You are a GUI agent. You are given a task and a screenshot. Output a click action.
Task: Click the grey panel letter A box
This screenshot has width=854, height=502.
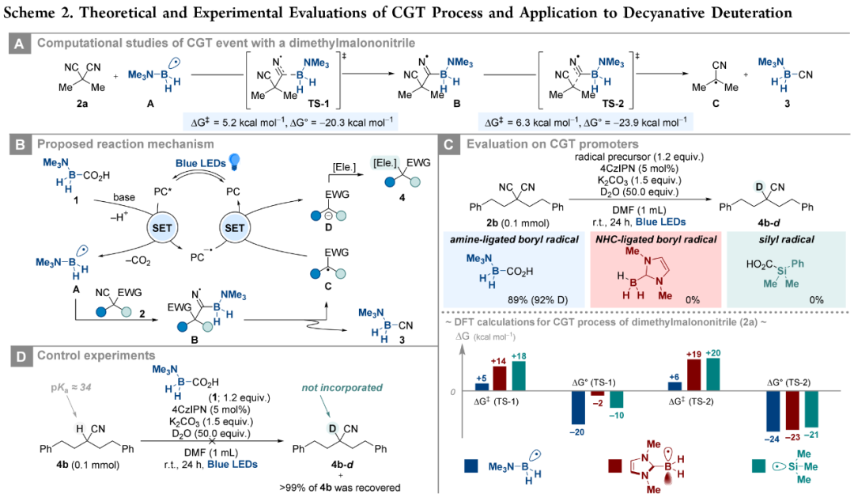[19, 44]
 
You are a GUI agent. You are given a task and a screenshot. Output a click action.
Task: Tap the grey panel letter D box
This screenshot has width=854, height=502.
[20, 357]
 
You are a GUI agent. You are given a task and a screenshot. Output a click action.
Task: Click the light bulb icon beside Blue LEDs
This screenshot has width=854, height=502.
[234, 161]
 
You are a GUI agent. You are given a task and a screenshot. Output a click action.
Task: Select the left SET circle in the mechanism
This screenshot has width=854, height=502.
[162, 228]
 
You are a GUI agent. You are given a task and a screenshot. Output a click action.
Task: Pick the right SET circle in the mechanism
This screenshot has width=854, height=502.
[235, 228]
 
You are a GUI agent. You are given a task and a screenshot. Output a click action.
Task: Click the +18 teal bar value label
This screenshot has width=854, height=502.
[519, 356]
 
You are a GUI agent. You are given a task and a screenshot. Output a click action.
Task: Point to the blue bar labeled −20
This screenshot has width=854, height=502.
[578, 408]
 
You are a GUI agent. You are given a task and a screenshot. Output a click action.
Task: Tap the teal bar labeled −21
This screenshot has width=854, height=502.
[811, 409]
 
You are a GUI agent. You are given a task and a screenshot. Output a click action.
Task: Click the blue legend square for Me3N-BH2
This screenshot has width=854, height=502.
[471, 466]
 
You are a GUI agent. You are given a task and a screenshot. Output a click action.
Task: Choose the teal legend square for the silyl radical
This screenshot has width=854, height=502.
[758, 466]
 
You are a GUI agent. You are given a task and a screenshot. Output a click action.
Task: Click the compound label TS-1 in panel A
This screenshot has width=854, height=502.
[318, 103]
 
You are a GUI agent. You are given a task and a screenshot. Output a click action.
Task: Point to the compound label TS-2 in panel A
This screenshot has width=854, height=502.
[614, 103]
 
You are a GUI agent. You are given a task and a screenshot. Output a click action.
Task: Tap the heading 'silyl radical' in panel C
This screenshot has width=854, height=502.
[787, 239]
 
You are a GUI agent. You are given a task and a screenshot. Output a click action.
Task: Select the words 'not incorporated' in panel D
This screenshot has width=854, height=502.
[342, 387]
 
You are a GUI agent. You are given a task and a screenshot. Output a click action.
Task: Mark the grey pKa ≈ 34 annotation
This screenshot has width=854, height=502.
[71, 388]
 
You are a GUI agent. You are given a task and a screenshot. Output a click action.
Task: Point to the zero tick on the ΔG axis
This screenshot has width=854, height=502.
[452, 392]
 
